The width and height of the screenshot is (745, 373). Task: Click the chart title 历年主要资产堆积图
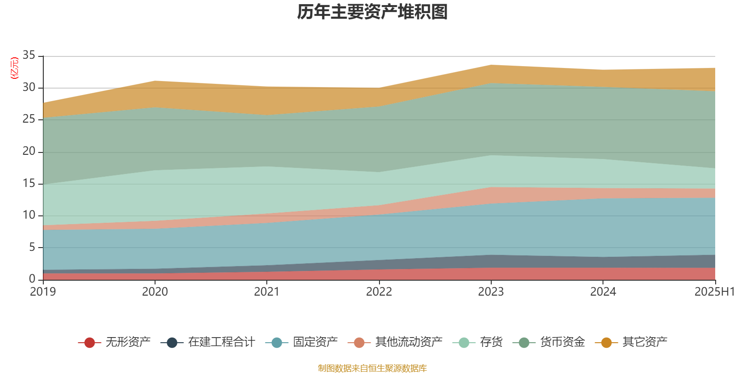(372, 12)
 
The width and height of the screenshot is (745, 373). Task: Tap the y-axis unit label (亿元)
(14, 68)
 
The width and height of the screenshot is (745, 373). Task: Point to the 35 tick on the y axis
(29, 55)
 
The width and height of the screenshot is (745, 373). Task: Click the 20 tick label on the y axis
(29, 151)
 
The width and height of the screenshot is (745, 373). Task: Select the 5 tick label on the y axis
(32, 247)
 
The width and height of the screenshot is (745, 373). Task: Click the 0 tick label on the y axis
(32, 279)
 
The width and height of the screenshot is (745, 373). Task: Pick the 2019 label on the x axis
(43, 292)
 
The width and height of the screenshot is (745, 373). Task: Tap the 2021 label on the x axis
(267, 292)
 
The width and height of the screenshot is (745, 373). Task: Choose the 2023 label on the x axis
(491, 292)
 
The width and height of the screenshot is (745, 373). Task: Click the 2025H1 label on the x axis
(714, 292)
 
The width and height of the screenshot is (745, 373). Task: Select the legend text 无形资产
(128, 342)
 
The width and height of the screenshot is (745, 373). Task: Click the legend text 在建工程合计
(222, 342)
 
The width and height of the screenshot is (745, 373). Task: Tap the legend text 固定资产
(315, 342)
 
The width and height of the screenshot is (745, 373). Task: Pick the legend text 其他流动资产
(409, 342)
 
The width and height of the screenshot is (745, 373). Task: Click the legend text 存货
(491, 342)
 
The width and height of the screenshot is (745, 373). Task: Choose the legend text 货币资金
(562, 342)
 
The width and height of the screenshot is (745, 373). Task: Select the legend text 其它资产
(645, 342)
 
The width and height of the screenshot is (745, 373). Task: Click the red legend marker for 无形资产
(90, 343)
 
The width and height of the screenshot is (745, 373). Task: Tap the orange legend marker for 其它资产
(606, 343)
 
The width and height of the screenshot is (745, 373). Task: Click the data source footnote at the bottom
(372, 368)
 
